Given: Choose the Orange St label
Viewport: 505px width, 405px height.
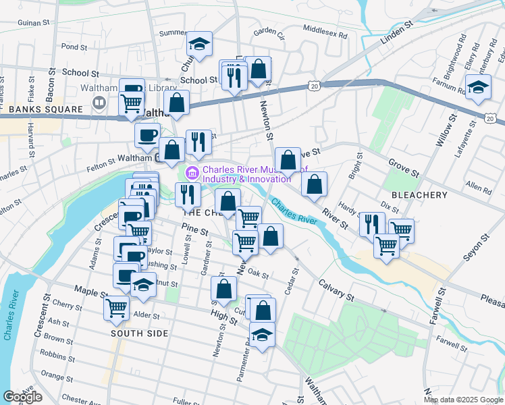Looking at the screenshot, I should [57, 373].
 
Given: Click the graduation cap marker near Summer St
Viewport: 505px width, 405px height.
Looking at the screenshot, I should [199, 45].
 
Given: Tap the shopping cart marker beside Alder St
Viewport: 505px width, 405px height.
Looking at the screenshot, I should [117, 308].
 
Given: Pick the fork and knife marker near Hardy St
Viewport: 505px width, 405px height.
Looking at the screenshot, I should [372, 223].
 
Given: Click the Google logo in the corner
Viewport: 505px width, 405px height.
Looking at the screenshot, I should [23, 397].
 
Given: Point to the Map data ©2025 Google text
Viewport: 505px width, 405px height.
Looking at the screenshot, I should [462, 400].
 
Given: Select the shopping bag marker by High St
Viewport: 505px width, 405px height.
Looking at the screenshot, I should [223, 289].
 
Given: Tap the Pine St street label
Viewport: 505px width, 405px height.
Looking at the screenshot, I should [195, 230].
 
